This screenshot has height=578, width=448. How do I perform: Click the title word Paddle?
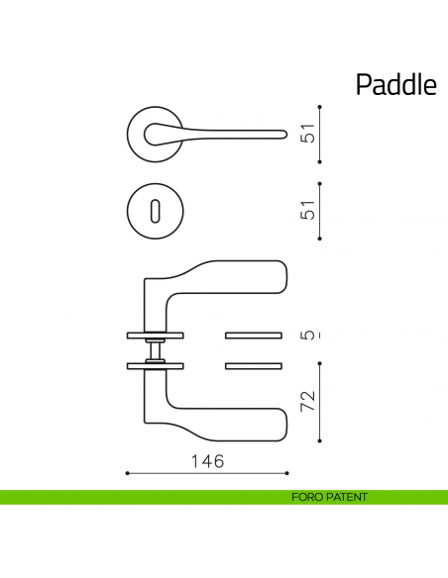point(395,85)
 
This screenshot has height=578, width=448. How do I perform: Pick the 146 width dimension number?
point(207,461)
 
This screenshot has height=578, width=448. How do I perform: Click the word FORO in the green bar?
point(307,497)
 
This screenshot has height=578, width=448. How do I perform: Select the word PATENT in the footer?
point(346,497)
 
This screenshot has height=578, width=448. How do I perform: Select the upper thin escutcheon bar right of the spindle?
point(255,332)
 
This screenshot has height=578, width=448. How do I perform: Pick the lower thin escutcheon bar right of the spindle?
point(255,367)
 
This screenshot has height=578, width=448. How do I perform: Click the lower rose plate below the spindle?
point(156,366)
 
